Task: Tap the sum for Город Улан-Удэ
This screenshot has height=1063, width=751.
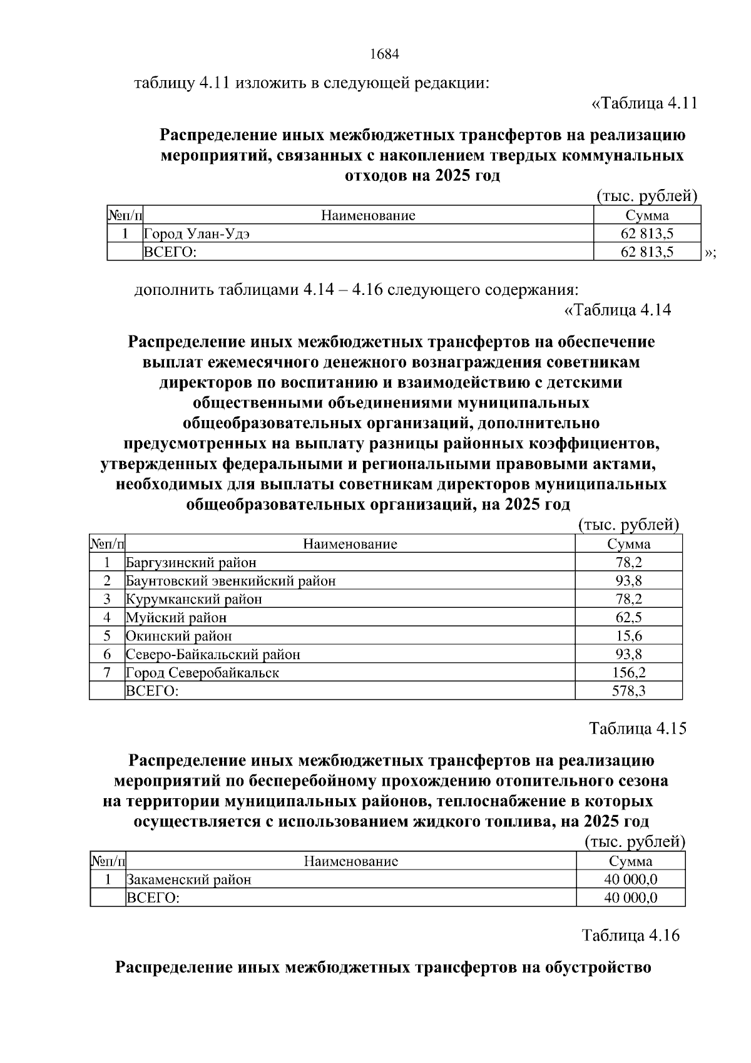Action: point(646,234)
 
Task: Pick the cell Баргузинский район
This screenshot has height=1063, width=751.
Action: point(191,563)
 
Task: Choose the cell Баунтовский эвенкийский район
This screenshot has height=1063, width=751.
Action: point(230,581)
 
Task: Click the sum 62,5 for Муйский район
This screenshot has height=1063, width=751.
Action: point(628,618)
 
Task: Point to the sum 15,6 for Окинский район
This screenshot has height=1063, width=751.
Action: point(628,636)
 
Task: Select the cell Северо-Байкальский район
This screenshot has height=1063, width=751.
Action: point(213,655)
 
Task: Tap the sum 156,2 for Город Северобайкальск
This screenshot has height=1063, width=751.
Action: point(628,673)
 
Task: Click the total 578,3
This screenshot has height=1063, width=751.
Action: point(628,691)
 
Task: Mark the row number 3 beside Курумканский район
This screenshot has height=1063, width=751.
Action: point(107,599)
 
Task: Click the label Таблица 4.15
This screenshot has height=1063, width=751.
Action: point(638,729)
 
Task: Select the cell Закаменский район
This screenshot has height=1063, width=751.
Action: point(188,880)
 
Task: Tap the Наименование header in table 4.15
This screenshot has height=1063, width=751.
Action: point(350,861)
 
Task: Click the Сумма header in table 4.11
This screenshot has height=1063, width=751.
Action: point(646,216)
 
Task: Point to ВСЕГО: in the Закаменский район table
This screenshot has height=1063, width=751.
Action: point(153,898)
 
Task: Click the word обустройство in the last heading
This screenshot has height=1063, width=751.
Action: point(598,968)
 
